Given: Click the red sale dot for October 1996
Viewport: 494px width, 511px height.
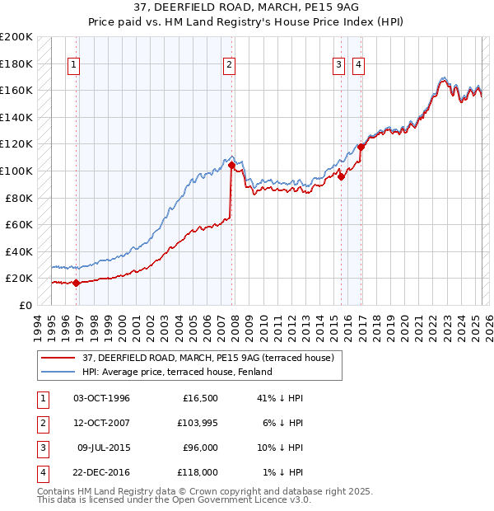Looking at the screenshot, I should [x=77, y=283].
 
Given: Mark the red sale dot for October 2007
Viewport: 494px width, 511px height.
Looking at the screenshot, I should [x=232, y=166].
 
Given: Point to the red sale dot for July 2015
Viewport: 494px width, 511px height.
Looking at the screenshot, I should [x=341, y=176].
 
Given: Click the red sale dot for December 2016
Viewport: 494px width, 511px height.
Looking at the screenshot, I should [x=361, y=147].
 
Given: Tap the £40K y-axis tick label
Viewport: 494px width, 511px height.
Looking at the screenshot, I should [x=19, y=251].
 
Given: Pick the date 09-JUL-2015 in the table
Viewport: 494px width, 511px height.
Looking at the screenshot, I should [x=103, y=448].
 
